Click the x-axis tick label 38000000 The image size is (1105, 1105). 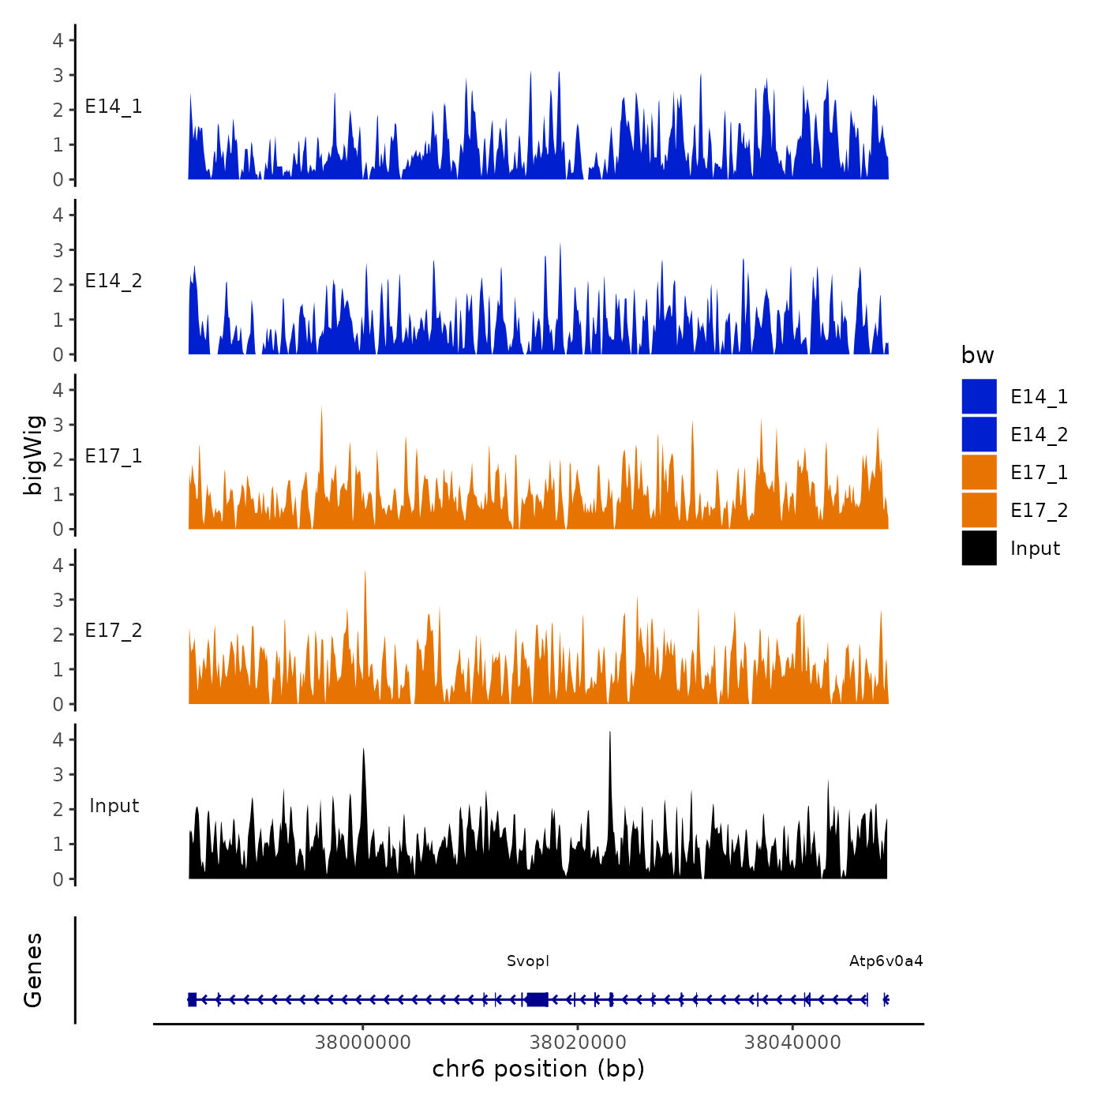[x=362, y=1042]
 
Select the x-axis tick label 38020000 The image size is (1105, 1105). [x=578, y=1042]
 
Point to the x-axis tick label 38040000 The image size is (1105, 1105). [x=792, y=1042]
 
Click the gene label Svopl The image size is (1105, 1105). [x=528, y=961]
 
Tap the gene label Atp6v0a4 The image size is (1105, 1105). [x=886, y=961]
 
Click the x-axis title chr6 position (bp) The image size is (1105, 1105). [x=538, y=1069]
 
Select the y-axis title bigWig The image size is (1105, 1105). [x=33, y=455]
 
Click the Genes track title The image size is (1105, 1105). [x=33, y=970]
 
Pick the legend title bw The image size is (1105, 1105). [x=977, y=355]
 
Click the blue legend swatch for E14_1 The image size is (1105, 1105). [x=979, y=396]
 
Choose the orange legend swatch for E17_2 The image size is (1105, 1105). [x=979, y=510]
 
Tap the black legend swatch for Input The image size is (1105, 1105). [x=979, y=548]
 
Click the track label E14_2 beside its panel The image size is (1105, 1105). [x=114, y=281]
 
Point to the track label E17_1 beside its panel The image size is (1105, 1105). [x=114, y=456]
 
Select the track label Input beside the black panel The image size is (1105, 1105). [x=114, y=806]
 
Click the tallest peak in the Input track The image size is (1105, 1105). [x=610, y=733]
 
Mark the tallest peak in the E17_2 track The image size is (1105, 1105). [x=365, y=572]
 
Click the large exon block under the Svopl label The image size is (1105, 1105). [x=537, y=999]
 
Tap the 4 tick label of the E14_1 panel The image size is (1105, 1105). [x=58, y=40]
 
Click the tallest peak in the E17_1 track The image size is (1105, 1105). [x=321, y=409]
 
